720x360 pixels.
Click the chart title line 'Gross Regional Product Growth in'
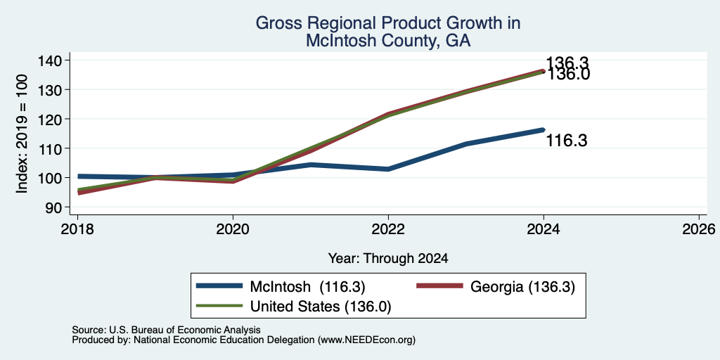coord(387,23)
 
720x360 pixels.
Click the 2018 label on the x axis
coord(77,229)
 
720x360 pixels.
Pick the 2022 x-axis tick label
coord(388,229)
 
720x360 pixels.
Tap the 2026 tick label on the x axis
coord(699,229)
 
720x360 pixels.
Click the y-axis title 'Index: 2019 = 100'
coord(22,134)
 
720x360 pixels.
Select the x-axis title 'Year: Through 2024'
coord(388,259)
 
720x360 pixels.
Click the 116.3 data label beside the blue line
coord(566,141)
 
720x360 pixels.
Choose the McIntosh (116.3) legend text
coord(308,287)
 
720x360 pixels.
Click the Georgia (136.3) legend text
coord(522,287)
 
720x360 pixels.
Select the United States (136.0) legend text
coord(321,307)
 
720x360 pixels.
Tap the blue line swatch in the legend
coord(219,286)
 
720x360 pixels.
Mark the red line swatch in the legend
coord(439,286)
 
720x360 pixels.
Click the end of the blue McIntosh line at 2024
coord(544,130)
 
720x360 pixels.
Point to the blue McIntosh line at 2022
coord(388,169)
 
